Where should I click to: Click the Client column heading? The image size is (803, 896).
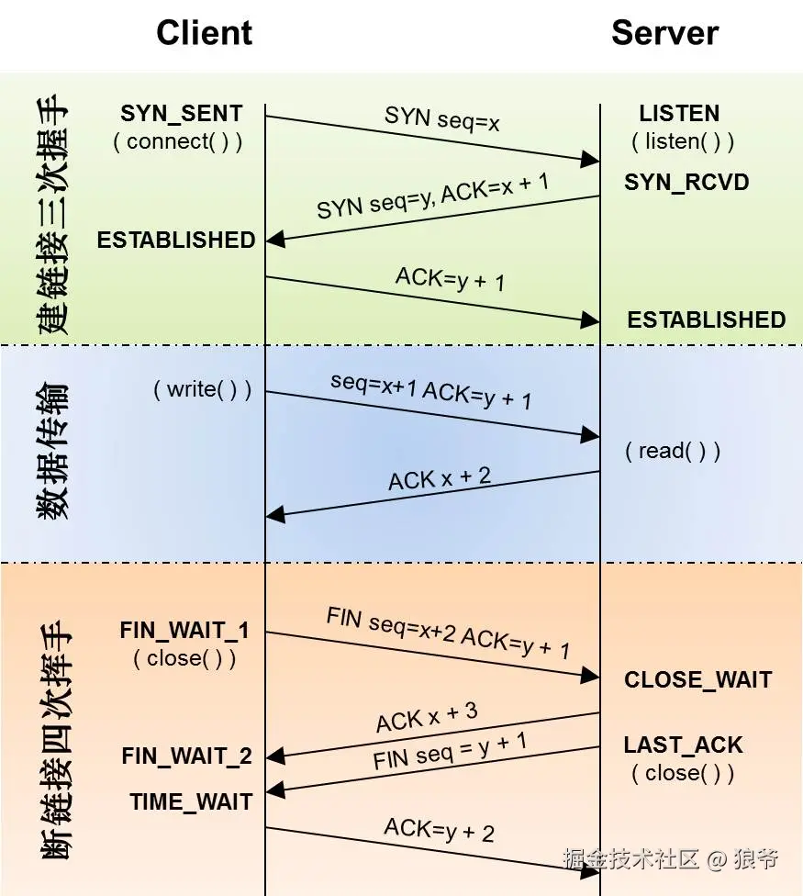point(204,33)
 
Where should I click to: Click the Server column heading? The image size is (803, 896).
point(664,33)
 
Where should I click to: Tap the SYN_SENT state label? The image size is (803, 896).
point(182,114)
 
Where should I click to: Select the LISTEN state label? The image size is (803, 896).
point(679,114)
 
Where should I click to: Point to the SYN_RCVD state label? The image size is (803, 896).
point(686,182)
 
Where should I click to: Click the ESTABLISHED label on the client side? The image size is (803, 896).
point(176,240)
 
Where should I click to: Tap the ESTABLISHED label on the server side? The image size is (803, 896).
point(706,319)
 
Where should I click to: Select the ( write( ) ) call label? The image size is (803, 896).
point(202,388)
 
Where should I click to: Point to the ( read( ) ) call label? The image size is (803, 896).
point(673,451)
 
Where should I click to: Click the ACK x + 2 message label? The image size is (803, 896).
point(440,477)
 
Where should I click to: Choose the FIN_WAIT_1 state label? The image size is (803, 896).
point(184,631)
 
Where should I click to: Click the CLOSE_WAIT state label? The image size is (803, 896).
point(697,680)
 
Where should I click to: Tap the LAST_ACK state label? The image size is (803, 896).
point(683,745)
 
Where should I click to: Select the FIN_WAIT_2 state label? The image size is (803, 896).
point(186,756)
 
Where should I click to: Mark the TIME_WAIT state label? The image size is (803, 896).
point(191,801)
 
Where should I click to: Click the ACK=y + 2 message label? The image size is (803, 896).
point(439,830)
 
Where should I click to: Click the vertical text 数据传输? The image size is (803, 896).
point(53,453)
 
